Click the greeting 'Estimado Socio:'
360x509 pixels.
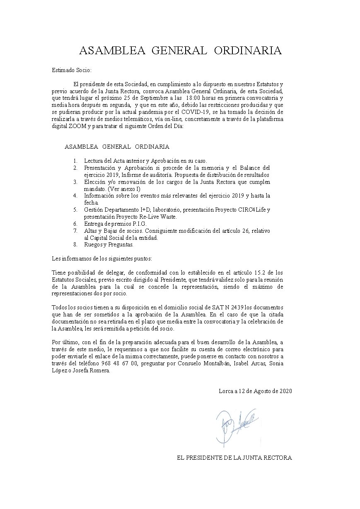(x=71, y=70)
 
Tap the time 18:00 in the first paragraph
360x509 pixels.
(x=195, y=98)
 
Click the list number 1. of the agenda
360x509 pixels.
(x=75, y=161)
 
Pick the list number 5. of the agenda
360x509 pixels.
(x=75, y=210)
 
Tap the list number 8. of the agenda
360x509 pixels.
(x=75, y=244)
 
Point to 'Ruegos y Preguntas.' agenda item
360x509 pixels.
(x=109, y=244)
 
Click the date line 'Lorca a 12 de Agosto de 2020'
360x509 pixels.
(x=255, y=391)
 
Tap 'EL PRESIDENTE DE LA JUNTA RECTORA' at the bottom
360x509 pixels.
(x=234, y=458)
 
